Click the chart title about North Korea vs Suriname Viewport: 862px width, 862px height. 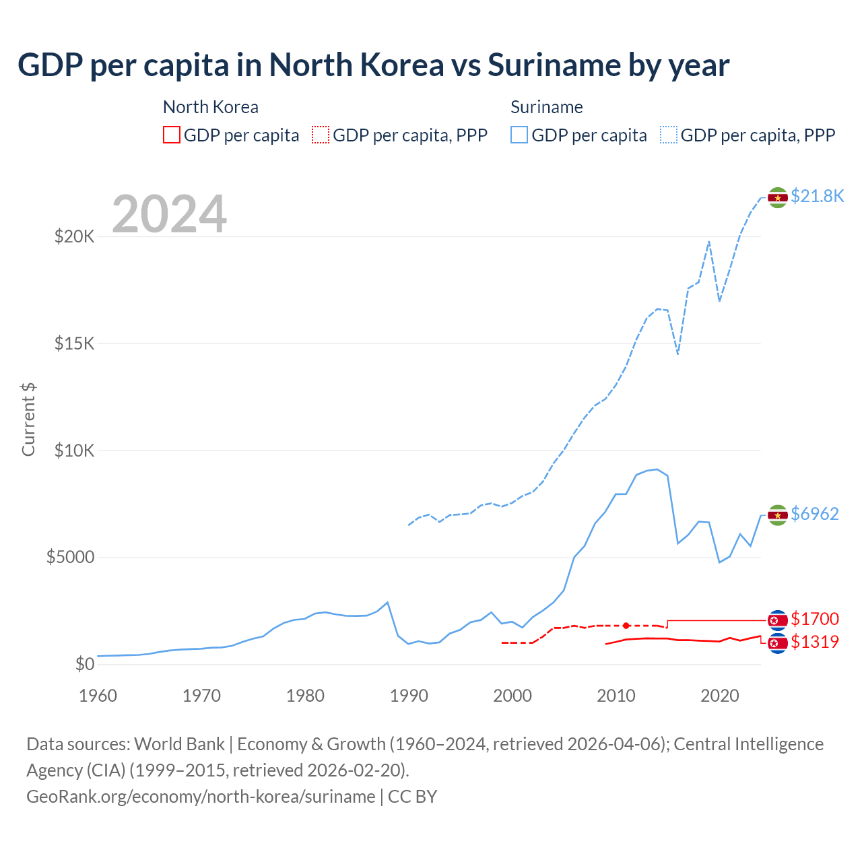(373, 65)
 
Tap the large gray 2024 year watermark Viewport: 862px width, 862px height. (169, 214)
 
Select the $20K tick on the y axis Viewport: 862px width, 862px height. (74, 236)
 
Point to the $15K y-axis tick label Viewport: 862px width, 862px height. (74, 343)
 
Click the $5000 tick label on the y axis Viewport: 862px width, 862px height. (70, 558)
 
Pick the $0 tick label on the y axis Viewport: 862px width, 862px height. (84, 664)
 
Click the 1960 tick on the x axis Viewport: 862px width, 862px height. (98, 696)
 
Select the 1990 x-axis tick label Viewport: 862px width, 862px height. (409, 696)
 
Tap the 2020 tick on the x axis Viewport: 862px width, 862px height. (720, 696)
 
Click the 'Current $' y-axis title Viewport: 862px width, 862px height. (28, 419)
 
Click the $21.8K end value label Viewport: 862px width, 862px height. (817, 196)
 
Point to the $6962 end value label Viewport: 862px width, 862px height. (815, 514)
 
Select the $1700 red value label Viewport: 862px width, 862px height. (815, 619)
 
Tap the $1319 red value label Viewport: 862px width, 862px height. (815, 642)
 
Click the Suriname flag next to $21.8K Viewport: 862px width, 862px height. (778, 197)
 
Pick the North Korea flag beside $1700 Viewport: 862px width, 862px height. (778, 620)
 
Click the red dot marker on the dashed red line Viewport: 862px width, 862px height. (626, 626)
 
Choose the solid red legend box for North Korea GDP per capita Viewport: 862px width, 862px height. (172, 135)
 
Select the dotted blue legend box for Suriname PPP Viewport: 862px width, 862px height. (669, 135)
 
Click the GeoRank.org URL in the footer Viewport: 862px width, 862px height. (201, 797)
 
